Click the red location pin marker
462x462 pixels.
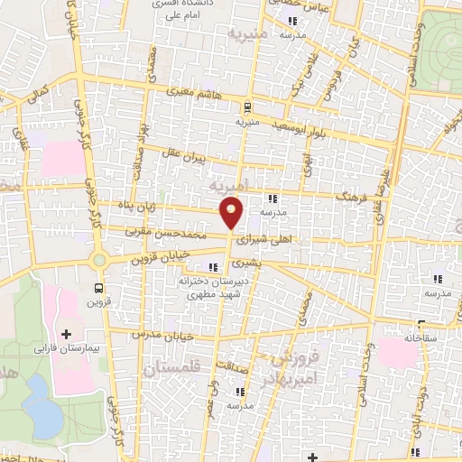click(x=232, y=213)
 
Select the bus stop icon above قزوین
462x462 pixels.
click(x=98, y=289)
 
